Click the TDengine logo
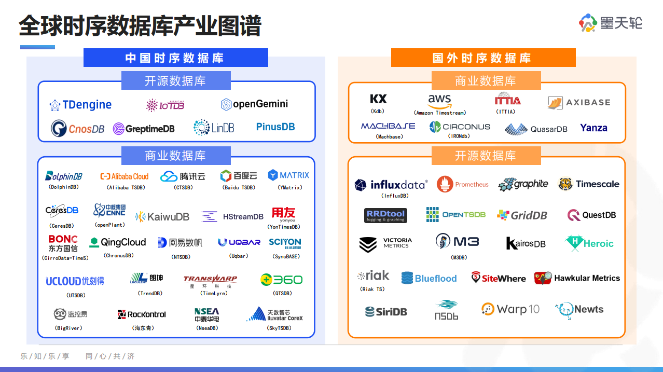tap(80, 105)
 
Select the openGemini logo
tap(254, 104)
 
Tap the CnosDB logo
tap(78, 128)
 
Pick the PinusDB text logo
tap(275, 127)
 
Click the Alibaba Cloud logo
tap(125, 176)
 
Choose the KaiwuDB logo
tap(162, 217)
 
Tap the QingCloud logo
tap(118, 242)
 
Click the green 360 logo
tap(281, 280)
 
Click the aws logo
tap(439, 100)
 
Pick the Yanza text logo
tap(593, 128)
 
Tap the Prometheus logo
tap(463, 184)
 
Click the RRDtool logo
tap(385, 215)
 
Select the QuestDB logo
tap(591, 215)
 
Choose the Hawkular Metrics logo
tap(577, 278)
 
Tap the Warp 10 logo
tap(510, 309)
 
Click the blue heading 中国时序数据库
tap(175, 58)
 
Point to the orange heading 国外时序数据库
tap(483, 58)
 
